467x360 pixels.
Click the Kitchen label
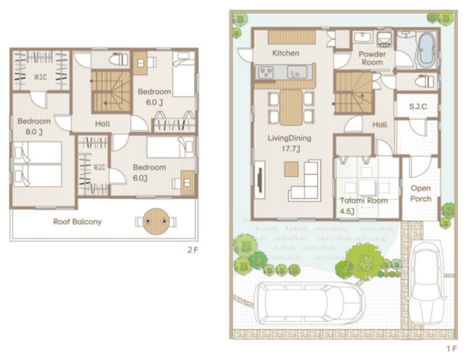(286, 53)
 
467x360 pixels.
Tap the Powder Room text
(372, 58)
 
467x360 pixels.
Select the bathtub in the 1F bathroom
(427, 49)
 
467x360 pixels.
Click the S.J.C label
(418, 106)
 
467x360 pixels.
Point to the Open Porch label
(421, 193)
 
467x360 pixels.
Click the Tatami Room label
(364, 200)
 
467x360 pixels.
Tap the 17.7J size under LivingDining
(291, 148)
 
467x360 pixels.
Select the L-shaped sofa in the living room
(305, 181)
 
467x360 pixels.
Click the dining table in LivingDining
(291, 107)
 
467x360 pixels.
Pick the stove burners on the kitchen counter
(266, 72)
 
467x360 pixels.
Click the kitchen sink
(297, 72)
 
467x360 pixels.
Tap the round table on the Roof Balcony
(156, 221)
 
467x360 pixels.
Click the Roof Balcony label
(77, 222)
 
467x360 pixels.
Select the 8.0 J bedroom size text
(34, 132)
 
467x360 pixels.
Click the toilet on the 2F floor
(118, 59)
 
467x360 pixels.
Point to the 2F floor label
(193, 250)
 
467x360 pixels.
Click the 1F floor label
(451, 349)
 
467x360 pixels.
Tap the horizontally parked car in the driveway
(310, 303)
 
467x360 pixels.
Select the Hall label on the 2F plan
(103, 124)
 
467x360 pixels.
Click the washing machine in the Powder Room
(385, 40)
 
